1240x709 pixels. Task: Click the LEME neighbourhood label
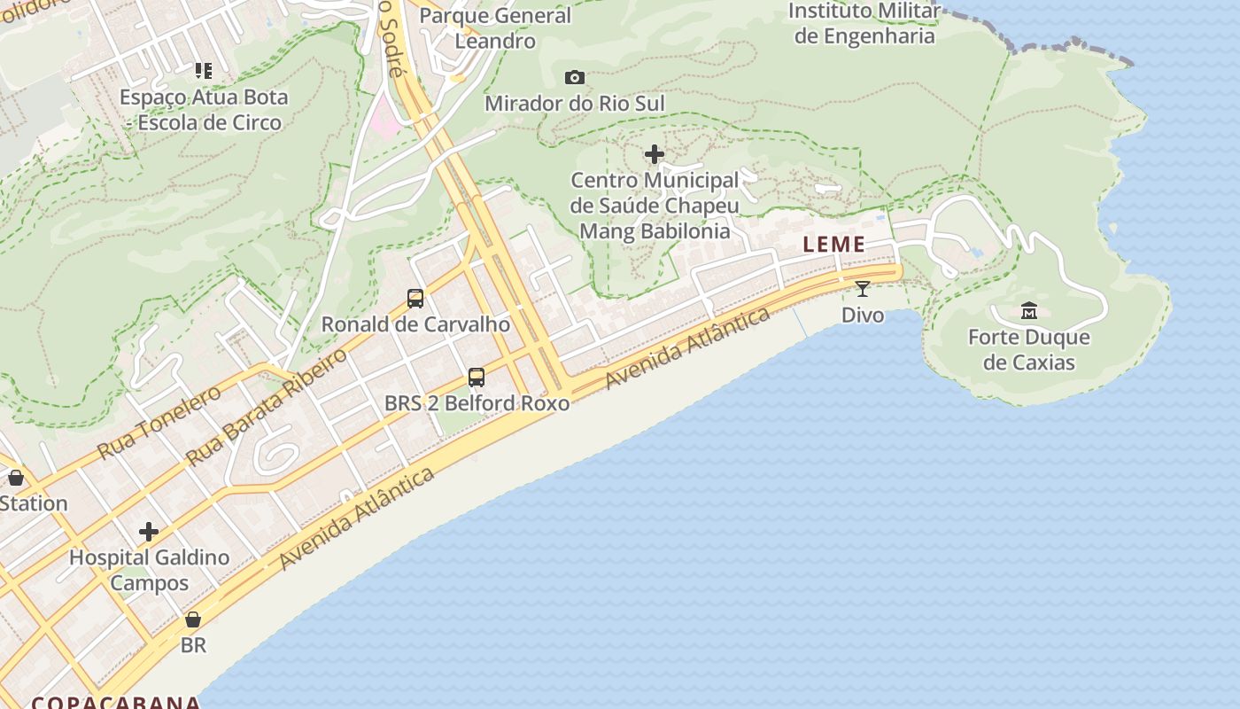[833, 245]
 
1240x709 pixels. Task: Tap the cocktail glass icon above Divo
[863, 288]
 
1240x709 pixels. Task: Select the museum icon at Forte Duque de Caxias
[1029, 310]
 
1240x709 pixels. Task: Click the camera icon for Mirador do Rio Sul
[575, 77]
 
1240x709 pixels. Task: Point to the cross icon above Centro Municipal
[655, 154]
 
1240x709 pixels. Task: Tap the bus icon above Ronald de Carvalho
[415, 298]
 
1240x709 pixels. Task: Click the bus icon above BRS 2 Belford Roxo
[477, 377]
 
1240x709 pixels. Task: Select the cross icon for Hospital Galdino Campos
[149, 532]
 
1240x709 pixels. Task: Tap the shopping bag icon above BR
[193, 619]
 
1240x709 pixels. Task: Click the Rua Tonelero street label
[159, 422]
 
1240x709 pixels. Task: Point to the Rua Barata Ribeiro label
[267, 408]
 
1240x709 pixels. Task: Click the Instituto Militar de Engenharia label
[864, 24]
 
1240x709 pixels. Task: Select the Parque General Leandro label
[495, 28]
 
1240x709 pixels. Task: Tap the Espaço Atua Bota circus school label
[204, 110]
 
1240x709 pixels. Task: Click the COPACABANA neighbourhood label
[116, 702]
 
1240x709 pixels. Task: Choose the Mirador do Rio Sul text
[574, 103]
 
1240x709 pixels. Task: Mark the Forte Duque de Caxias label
[1029, 349]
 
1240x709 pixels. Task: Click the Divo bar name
[863, 315]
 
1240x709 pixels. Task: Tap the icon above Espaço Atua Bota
[204, 70]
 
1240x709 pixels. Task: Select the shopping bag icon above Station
[16, 478]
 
